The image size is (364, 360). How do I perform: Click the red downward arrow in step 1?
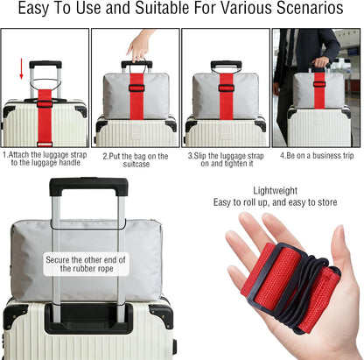[21, 69]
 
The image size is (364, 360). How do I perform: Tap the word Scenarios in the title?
[310, 8]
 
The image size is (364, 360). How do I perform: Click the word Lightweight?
[275, 191]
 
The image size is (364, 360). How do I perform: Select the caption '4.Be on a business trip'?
[317, 156]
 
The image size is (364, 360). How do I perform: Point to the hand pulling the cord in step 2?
[140, 46]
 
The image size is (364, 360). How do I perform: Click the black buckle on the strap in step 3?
[226, 88]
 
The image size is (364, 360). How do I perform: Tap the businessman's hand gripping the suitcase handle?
[321, 62]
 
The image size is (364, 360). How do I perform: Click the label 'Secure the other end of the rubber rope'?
[86, 264]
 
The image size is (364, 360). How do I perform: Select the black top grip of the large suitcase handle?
[88, 186]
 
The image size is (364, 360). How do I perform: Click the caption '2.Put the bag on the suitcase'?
[136, 159]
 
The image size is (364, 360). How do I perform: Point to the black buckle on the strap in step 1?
[45, 103]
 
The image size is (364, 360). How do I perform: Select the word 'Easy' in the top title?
[33, 8]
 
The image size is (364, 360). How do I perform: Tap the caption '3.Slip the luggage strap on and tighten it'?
[226, 159]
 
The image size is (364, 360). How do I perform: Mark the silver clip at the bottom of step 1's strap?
[45, 145]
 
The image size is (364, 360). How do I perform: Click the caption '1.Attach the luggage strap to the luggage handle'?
[45, 159]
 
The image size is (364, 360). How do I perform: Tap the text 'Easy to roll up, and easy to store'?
[275, 202]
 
